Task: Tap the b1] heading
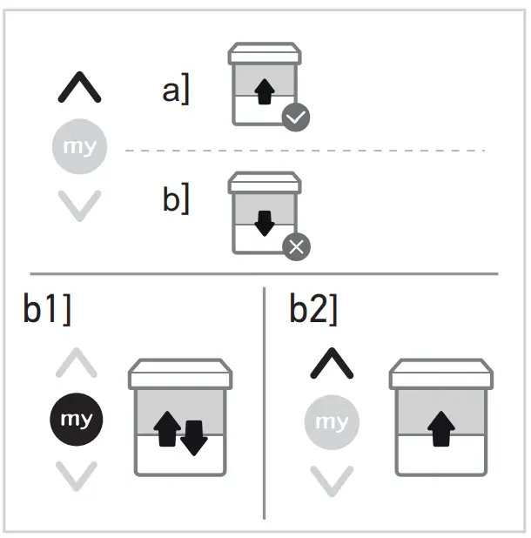pos(48,312)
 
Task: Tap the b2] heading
pos(313,312)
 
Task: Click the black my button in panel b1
pos(77,420)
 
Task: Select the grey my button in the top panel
pos(80,147)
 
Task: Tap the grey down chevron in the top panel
pos(80,205)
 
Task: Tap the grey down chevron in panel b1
pos(77,475)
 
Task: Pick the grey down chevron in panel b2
pos(332,479)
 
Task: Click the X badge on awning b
pos(296,247)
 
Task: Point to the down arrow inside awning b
pos(264,223)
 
